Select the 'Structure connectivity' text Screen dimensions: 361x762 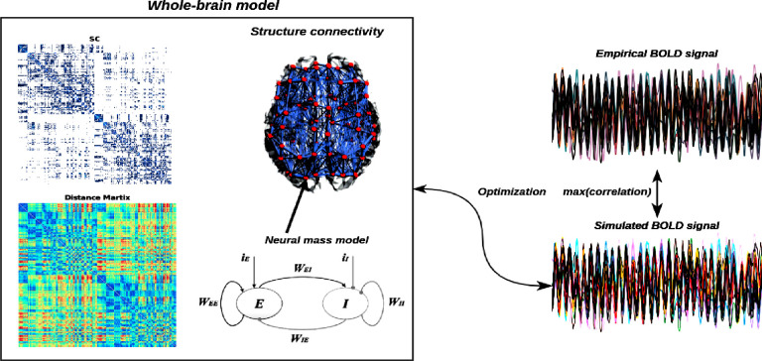coord(317,32)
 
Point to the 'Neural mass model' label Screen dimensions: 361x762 coord(318,239)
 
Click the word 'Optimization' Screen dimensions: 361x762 coord(511,188)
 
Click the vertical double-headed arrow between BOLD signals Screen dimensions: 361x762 coord(656,188)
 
